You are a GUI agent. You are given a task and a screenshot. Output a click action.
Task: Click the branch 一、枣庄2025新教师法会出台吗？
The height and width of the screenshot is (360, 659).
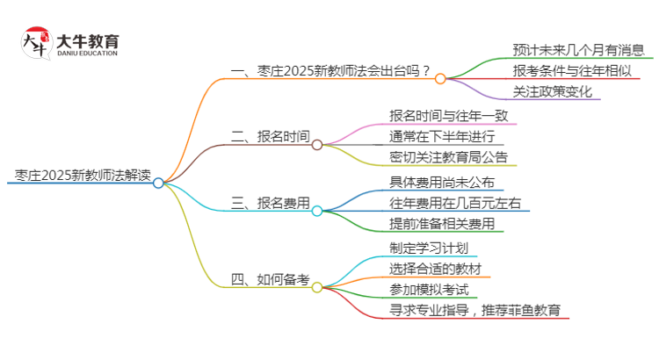pyautogui.click(x=329, y=72)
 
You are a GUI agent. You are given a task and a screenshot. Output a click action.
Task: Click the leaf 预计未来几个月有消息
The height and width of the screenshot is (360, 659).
pyautogui.click(x=579, y=49)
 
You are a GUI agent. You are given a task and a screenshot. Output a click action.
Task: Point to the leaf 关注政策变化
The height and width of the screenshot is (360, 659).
pyautogui.click(x=553, y=91)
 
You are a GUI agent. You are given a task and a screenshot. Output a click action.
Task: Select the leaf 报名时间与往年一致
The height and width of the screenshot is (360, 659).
pyautogui.click(x=448, y=115)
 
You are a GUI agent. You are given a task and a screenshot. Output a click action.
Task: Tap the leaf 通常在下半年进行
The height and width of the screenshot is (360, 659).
pyautogui.click(x=442, y=137)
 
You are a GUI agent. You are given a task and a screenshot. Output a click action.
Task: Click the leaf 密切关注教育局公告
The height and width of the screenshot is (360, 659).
pyautogui.click(x=448, y=158)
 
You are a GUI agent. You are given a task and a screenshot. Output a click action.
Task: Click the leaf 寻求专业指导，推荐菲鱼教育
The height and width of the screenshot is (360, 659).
pyautogui.click(x=480, y=311)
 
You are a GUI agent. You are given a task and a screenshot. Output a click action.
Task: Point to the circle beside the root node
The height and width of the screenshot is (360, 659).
pyautogui.click(x=158, y=183)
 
